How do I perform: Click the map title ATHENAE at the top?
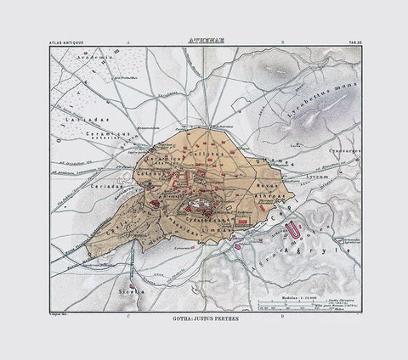pyautogui.click(x=204, y=39)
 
